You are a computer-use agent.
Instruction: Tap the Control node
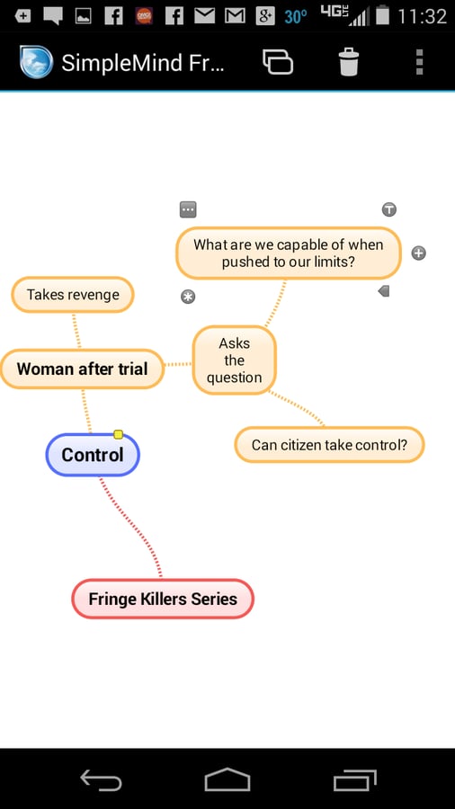(x=93, y=455)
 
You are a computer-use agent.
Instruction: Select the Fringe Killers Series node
(x=163, y=599)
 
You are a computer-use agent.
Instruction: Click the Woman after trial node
(x=82, y=369)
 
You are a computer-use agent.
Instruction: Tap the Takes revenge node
(x=73, y=295)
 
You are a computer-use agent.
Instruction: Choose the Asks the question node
(x=234, y=360)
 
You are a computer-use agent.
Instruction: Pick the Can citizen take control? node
(x=329, y=444)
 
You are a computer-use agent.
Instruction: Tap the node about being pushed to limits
(x=289, y=253)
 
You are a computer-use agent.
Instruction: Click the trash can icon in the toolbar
(x=349, y=62)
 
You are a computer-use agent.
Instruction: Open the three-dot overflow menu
(x=419, y=62)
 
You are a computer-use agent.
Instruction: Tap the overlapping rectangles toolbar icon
(x=278, y=62)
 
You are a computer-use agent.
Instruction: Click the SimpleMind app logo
(x=36, y=62)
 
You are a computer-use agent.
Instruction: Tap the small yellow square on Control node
(x=118, y=434)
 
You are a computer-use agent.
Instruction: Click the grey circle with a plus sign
(x=418, y=253)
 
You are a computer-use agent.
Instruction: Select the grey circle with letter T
(x=389, y=209)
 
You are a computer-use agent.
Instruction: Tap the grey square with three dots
(x=188, y=210)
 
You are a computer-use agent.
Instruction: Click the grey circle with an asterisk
(x=188, y=297)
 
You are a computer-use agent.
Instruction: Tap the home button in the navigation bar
(x=227, y=779)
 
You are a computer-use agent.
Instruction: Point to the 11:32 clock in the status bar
(x=422, y=16)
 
